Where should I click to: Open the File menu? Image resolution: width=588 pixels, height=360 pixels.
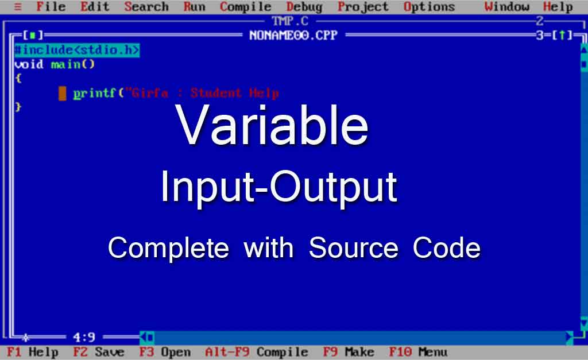(x=51, y=7)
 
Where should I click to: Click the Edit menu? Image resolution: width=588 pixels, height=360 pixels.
(x=95, y=7)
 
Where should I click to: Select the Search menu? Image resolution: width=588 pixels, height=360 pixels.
(x=146, y=7)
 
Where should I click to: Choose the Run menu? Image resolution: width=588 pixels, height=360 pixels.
(x=194, y=7)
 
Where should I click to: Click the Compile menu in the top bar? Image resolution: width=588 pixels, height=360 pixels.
(x=246, y=7)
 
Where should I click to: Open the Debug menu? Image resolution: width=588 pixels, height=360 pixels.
(x=304, y=7)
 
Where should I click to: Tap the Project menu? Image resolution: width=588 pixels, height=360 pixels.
(x=363, y=7)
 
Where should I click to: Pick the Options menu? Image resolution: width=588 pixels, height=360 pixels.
(x=430, y=7)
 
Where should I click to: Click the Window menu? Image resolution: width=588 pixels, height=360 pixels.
(x=506, y=7)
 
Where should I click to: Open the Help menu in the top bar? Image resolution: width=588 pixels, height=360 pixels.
(x=558, y=7)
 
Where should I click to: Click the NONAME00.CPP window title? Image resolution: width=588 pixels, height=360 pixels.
(x=293, y=35)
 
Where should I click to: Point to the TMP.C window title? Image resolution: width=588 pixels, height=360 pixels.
(x=290, y=21)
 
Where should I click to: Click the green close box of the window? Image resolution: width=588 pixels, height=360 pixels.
(x=33, y=35)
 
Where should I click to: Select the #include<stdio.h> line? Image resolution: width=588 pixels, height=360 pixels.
(x=78, y=50)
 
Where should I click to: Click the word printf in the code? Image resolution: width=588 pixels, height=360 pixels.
(x=95, y=93)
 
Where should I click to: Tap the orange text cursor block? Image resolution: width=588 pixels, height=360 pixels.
(x=62, y=94)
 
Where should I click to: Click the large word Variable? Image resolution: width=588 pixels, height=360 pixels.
(x=272, y=125)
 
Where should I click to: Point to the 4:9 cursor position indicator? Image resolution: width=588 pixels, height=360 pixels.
(x=84, y=337)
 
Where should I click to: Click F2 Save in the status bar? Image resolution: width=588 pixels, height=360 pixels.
(x=99, y=352)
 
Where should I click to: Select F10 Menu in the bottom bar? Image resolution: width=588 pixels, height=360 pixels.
(x=418, y=352)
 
